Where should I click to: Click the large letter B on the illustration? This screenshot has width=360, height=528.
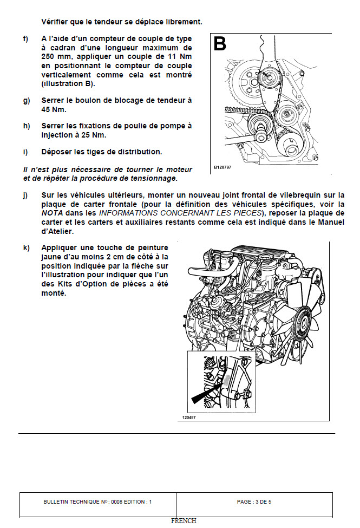(x=220, y=43)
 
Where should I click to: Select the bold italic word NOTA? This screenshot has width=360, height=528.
(x=53, y=213)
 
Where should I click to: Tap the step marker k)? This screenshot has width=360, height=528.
(x=26, y=247)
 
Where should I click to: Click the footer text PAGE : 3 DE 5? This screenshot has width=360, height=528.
(x=254, y=502)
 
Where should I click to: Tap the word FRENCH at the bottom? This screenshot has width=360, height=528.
(x=184, y=521)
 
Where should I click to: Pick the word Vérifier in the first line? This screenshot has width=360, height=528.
(x=57, y=22)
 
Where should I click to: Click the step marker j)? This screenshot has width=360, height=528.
(x=25, y=195)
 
